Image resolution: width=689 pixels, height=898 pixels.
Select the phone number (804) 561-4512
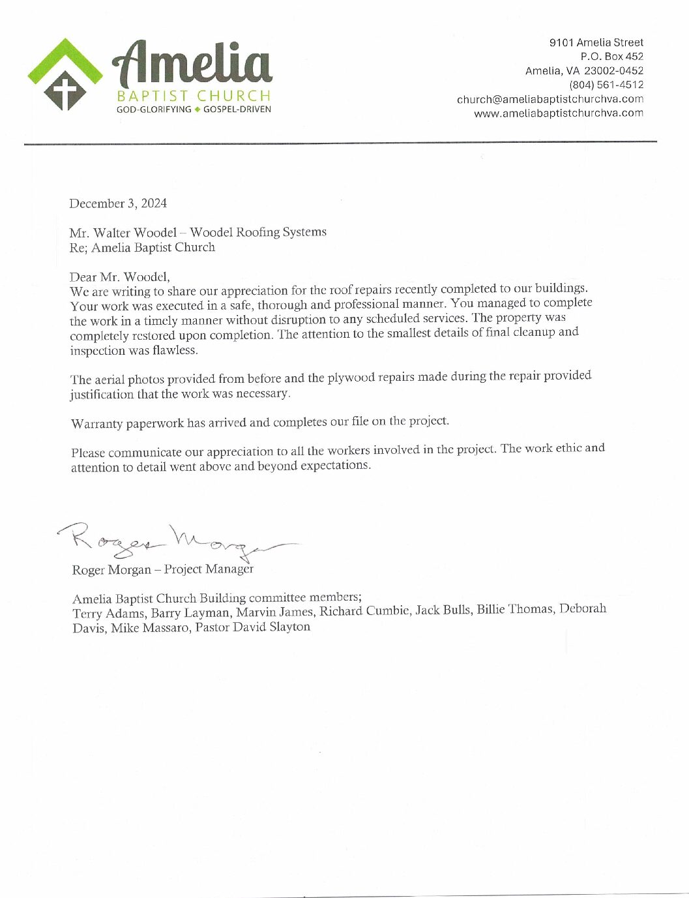tap(606, 85)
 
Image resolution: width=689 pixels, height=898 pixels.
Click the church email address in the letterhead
tap(550, 99)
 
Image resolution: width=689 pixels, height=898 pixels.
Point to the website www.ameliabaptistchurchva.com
tap(558, 113)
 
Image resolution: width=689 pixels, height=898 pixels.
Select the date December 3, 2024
tap(118, 203)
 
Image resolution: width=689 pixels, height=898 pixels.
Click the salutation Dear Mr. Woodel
tap(119, 276)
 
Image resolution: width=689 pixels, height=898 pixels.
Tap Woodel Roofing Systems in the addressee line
tap(258, 232)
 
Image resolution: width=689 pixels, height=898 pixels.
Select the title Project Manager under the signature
tap(209, 569)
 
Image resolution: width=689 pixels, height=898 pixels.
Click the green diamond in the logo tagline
tap(198, 109)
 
